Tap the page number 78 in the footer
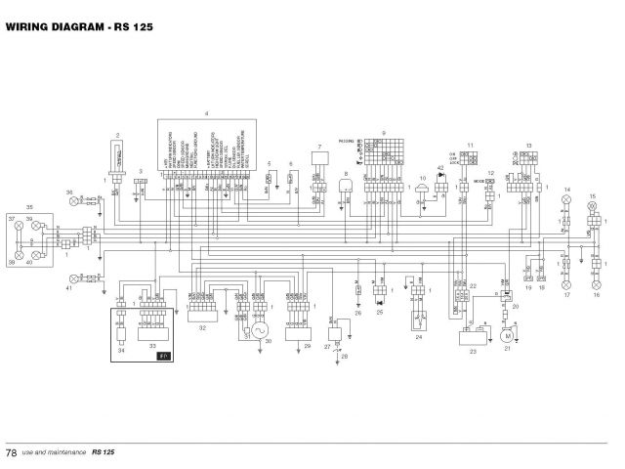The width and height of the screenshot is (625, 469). [x=11, y=452]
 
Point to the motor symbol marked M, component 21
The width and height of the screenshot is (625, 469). [x=507, y=335]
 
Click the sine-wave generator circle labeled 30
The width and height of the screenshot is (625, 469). [x=260, y=331]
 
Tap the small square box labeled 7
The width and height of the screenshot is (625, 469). [x=320, y=158]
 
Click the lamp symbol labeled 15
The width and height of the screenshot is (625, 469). [x=592, y=209]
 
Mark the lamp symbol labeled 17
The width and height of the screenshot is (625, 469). [x=565, y=280]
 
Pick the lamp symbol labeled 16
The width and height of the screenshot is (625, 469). [x=593, y=280]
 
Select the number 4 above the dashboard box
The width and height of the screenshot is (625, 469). [x=207, y=113]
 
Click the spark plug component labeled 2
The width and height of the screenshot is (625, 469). [x=118, y=156]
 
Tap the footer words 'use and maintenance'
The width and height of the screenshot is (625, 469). [x=55, y=452]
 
